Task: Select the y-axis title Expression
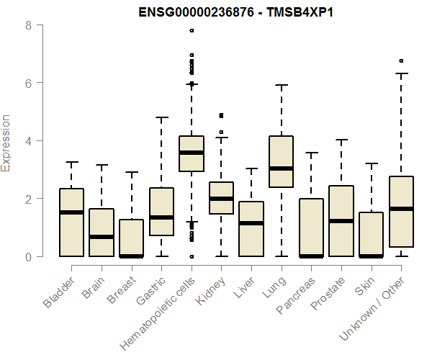[x=6, y=143]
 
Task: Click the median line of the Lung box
[x=282, y=168]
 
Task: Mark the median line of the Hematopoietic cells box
[x=192, y=153]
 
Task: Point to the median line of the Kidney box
[x=221, y=199]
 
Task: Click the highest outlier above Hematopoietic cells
[x=192, y=31]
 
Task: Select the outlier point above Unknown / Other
[x=401, y=61]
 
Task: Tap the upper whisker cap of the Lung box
[x=282, y=85]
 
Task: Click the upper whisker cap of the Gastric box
[x=161, y=117]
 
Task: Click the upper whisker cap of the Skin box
[x=372, y=163]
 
